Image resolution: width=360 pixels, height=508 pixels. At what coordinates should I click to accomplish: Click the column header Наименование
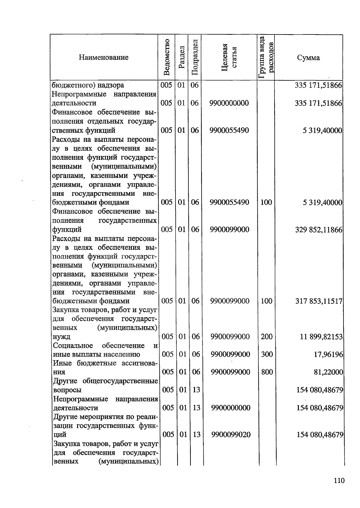click(103, 57)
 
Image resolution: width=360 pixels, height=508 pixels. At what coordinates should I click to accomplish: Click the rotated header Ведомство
click(167, 57)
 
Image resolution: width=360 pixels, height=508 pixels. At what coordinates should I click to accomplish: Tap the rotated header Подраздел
click(194, 57)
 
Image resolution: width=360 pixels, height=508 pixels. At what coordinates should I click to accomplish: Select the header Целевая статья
click(229, 57)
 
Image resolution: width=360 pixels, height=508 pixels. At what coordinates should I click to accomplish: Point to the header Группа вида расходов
click(266, 57)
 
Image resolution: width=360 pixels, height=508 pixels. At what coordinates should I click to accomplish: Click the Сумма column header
click(308, 58)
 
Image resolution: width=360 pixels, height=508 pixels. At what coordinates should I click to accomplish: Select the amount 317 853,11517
click(319, 301)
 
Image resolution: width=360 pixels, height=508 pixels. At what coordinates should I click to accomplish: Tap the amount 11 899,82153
click(321, 337)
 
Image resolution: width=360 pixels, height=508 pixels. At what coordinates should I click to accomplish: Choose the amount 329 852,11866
click(319, 230)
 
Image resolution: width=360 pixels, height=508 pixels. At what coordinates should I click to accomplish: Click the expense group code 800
click(267, 372)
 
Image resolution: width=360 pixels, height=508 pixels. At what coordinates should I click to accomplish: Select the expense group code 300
click(267, 354)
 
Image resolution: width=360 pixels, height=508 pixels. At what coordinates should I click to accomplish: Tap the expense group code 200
click(266, 337)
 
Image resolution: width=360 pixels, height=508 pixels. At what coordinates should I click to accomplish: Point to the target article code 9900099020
click(231, 435)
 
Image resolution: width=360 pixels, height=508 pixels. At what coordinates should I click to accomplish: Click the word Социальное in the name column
click(73, 346)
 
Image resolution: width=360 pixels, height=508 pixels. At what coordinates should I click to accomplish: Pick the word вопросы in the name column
click(67, 390)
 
